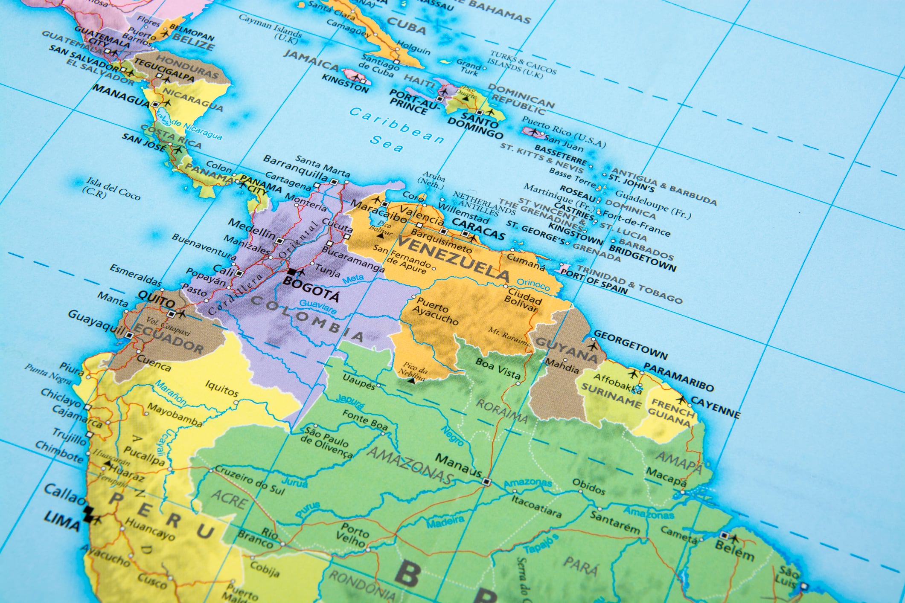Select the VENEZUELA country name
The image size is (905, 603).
(452, 258)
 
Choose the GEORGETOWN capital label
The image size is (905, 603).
(630, 345)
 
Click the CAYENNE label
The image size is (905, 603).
(716, 407)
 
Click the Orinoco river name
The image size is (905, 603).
(533, 284)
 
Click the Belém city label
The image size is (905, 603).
(734, 551)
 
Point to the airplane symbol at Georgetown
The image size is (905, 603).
(592, 344)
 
